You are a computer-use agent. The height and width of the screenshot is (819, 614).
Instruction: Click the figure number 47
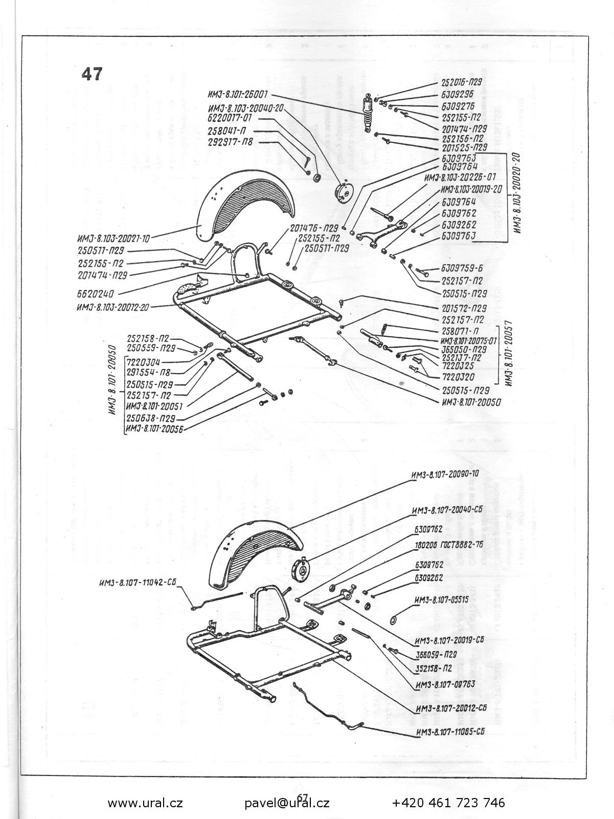pos(92,74)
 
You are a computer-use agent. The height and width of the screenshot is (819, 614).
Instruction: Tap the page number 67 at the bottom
pos(302,798)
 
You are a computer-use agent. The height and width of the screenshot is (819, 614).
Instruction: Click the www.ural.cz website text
pos(145,803)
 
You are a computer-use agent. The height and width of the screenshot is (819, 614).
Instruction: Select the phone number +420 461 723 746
pos(448,803)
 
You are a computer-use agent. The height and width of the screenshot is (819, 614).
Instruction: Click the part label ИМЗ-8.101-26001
pos(239,95)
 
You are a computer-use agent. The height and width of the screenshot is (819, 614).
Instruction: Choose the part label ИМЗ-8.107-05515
pos(442,600)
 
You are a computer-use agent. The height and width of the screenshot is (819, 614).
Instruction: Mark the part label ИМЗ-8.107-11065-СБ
pos(450,731)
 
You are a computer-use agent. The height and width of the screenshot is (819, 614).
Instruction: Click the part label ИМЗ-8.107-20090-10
pos(445,473)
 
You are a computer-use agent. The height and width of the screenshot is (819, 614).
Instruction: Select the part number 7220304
pos(144,362)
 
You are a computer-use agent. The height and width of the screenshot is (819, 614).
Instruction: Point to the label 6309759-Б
pos(462,268)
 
